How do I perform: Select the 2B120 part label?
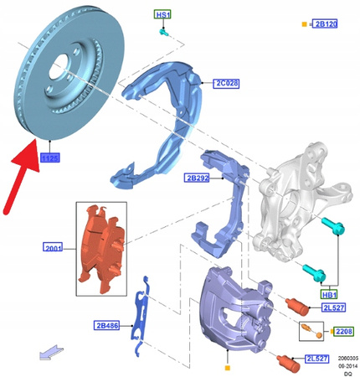[x=326, y=25]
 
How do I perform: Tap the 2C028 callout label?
[x=227, y=84]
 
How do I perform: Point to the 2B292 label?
[x=198, y=177]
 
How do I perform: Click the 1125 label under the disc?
[x=49, y=157]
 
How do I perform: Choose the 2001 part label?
[x=55, y=247]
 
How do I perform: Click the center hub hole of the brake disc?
[x=64, y=70]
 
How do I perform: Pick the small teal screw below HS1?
[x=165, y=33]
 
